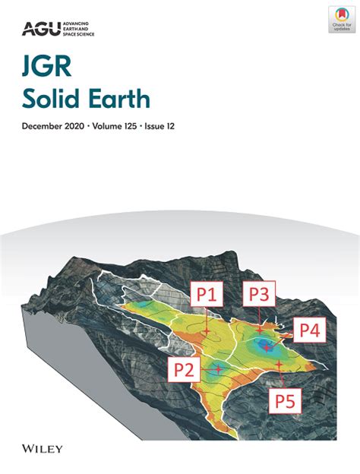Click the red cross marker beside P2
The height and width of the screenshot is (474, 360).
(x=218, y=369)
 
